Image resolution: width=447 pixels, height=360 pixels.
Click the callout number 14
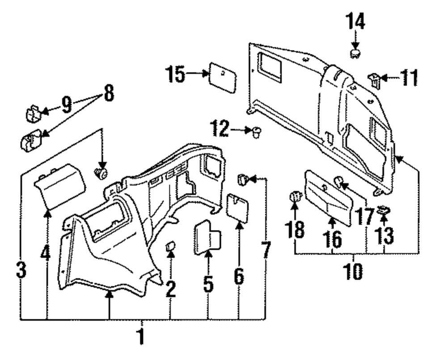coord(355,21)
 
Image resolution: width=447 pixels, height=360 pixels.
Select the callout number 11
coord(409,77)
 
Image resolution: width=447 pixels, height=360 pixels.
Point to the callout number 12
coord(220,129)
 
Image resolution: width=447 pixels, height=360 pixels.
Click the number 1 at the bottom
coord(141,337)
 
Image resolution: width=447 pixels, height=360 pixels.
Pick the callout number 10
coord(353,271)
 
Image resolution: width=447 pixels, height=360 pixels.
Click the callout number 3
coord(21,270)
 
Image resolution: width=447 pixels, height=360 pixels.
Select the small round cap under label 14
coord(355,54)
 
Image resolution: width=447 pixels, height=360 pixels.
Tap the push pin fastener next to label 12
coord(257,133)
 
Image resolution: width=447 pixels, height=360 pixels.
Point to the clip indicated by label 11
coord(374,80)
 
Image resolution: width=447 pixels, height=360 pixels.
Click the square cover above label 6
coord(237,208)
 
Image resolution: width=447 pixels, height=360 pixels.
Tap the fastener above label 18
coord(295,196)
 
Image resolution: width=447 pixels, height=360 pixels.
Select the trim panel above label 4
coord(60,186)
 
